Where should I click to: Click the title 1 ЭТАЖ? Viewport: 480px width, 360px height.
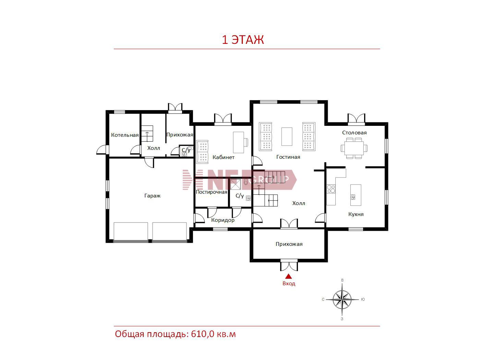point(243,40)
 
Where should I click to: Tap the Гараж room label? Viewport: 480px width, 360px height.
point(152,196)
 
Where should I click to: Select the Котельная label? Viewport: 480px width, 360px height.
point(125,135)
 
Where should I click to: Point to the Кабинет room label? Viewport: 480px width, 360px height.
point(223,157)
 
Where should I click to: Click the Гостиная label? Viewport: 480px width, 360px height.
point(288,157)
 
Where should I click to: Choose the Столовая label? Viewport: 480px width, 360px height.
point(354,132)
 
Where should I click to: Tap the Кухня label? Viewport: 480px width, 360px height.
point(356,214)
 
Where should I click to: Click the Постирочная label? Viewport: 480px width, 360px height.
point(212,192)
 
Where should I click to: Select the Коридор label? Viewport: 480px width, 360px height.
point(223,220)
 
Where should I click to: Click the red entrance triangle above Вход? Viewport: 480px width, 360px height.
point(289,276)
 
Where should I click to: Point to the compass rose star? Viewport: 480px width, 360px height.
point(342,299)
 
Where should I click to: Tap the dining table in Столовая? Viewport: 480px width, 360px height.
point(354,148)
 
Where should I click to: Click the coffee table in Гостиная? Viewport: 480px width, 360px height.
point(287,136)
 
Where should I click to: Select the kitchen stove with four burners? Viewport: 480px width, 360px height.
point(331,189)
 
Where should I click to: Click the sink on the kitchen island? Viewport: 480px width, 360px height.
point(353,197)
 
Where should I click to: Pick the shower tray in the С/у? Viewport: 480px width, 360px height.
point(235,184)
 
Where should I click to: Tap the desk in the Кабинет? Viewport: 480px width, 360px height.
point(238,142)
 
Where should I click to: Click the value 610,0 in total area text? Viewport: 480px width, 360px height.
point(202,334)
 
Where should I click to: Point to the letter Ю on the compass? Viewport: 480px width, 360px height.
point(363,299)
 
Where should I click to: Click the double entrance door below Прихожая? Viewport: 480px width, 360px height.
point(289,266)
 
